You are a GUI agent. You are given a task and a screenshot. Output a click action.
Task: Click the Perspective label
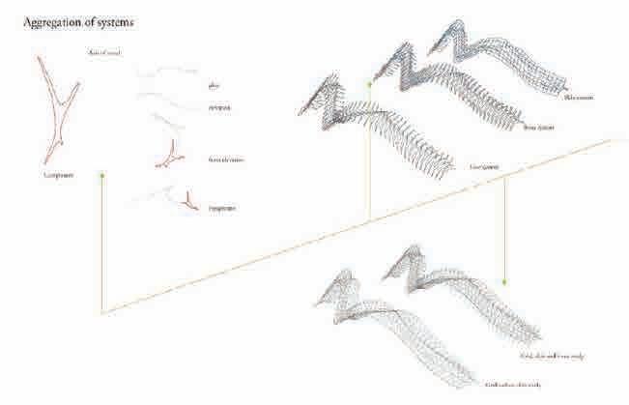tap(221, 208)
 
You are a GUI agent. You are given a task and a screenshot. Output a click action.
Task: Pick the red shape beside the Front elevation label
tap(174, 153)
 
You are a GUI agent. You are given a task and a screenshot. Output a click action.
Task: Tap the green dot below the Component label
tap(101, 176)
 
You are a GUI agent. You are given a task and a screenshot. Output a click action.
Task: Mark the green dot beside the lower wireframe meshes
tap(504, 281)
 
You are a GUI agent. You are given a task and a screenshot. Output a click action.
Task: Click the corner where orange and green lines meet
tap(101, 312)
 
